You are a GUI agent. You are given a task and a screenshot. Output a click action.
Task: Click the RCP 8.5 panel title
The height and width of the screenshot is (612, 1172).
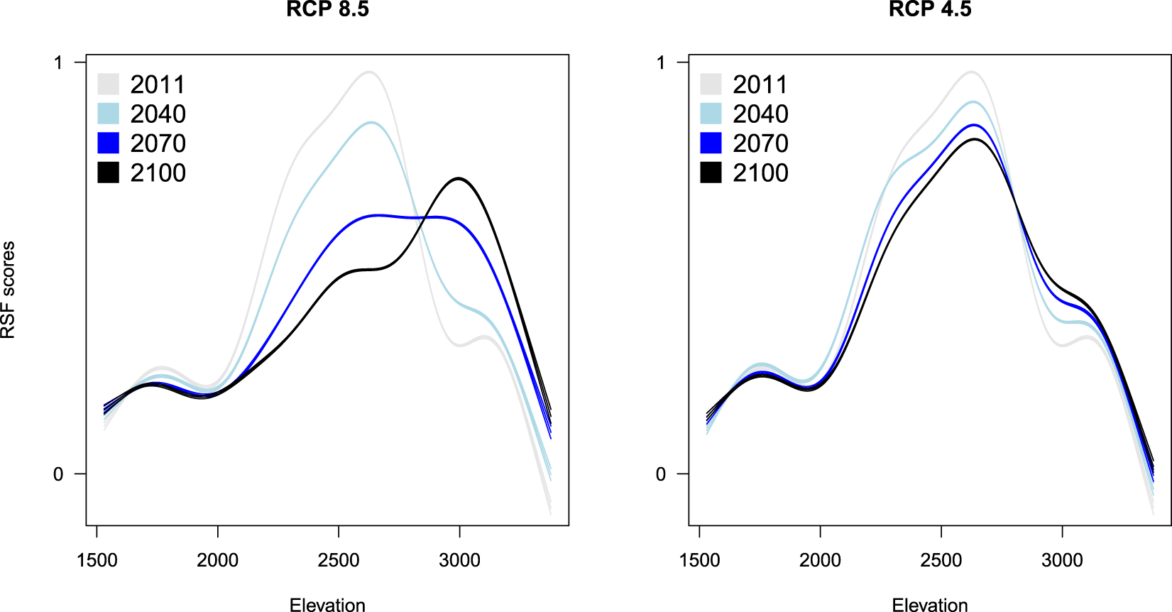pos(327,9)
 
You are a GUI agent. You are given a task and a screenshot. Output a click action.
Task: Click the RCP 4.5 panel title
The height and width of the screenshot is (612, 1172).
pos(930,9)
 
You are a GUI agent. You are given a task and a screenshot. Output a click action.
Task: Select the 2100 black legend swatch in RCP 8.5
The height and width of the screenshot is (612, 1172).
pos(108,173)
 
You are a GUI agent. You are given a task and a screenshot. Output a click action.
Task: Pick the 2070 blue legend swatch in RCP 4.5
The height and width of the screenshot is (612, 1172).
pos(711,143)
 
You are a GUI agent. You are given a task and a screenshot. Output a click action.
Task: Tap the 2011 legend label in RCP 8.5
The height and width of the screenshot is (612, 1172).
pos(158,84)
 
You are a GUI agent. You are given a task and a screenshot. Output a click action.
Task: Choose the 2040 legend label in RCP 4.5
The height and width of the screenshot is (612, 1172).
pos(760,114)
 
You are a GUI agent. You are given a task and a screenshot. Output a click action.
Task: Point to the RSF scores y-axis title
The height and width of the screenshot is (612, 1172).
pos(8,290)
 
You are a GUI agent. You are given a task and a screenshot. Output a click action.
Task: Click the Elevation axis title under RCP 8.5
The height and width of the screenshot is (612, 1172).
pos(327,605)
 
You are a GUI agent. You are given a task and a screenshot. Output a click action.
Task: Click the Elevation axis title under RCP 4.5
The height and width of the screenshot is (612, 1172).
pos(930,605)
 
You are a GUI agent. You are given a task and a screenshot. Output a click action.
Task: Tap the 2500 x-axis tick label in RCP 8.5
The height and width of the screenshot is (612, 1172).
pos(339,560)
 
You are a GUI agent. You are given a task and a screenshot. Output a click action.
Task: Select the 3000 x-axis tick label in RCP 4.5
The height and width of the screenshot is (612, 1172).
pos(1062,560)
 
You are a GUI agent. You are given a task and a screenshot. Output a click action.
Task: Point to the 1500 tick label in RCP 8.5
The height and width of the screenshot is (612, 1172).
pos(97,560)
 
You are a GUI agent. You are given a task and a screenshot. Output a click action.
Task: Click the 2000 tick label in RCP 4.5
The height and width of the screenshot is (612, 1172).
pos(820,560)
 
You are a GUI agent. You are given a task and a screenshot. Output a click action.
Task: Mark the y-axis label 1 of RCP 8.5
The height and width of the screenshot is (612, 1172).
pos(58,62)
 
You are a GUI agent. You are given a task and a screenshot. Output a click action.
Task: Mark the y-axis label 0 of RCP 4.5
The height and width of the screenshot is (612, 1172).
pos(661,474)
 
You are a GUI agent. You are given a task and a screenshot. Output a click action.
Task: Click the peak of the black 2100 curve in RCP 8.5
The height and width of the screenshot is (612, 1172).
pos(459,178)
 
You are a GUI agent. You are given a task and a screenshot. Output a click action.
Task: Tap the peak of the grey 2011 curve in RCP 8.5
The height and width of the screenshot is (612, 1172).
pos(369,72)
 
